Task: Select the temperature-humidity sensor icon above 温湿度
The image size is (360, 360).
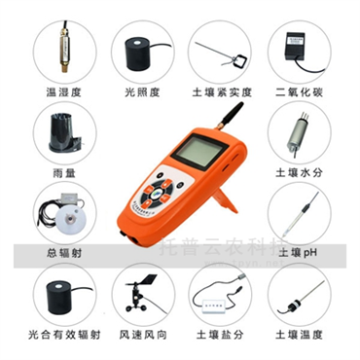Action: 60,49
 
